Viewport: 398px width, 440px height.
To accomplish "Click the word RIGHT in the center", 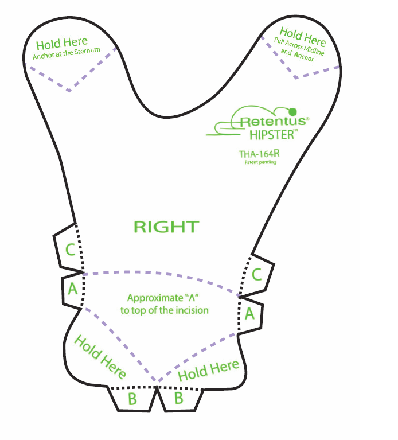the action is coord(166,227).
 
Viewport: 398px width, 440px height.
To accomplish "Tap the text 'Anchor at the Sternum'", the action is coord(67,53).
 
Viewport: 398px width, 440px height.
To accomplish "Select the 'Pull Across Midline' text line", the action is coord(299,46).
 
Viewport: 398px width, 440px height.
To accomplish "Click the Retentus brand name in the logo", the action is coord(274,121).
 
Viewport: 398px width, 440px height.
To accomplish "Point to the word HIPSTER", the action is coord(272,135).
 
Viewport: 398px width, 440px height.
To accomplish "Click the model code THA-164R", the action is coord(259,154).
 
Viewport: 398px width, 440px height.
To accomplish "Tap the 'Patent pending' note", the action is coord(260,162).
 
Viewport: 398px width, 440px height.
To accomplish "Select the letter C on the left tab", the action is coord(70,249).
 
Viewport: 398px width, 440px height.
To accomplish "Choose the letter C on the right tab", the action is coord(257,274).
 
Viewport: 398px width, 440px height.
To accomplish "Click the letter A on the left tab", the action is coord(73,288).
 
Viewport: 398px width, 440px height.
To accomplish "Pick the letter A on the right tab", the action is coord(249,313).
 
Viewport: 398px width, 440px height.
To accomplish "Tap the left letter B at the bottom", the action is coord(132,399).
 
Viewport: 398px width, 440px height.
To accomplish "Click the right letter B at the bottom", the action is coord(179,398).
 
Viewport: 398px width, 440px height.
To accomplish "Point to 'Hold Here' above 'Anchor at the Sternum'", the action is coord(62,43).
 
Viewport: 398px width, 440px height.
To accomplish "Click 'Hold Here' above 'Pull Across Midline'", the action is coord(303,37).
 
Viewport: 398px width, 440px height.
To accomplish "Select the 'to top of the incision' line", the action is coord(165,310).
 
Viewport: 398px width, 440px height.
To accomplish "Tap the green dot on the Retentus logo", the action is coord(292,112).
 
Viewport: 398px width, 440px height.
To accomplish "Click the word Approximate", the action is coord(155,298).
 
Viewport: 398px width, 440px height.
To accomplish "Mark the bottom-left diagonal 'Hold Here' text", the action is coord(100,356).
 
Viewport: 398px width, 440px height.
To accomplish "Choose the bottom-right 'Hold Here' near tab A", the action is coord(209,371).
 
